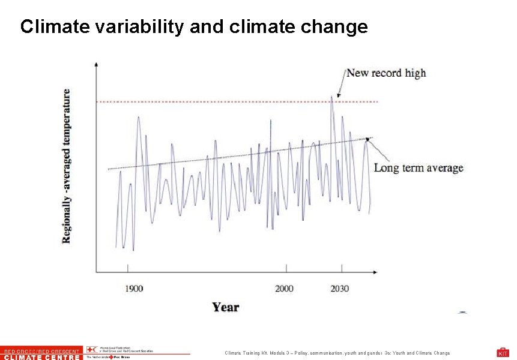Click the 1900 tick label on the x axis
134,289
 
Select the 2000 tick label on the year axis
284,289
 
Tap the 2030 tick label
339,289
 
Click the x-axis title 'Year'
225,307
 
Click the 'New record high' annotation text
386,73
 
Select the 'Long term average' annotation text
419,168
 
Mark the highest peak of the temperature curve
331,98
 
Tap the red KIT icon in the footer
503,352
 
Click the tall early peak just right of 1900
138,118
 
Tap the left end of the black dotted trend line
109,169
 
